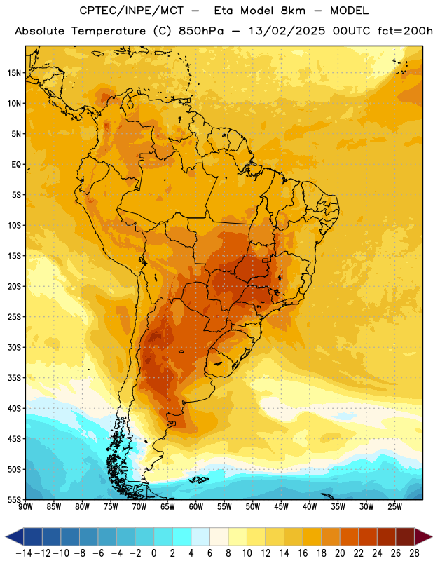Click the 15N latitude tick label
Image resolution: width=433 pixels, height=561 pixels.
(x=14, y=73)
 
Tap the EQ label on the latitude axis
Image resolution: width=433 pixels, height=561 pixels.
(x=16, y=165)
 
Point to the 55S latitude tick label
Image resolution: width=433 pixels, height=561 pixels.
(x=15, y=499)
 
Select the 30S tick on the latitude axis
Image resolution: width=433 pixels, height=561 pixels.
(x=15, y=347)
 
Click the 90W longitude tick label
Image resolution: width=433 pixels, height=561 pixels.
(x=25, y=506)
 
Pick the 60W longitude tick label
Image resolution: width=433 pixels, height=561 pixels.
(x=196, y=506)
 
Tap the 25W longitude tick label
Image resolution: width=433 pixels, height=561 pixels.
(x=394, y=506)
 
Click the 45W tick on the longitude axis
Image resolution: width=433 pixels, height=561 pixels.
(x=281, y=506)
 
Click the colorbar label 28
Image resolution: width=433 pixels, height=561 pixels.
(x=414, y=553)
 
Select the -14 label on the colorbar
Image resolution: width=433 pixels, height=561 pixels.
(x=24, y=553)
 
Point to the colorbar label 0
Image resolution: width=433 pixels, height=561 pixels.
(x=153, y=553)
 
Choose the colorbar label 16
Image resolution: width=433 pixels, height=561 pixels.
(x=303, y=553)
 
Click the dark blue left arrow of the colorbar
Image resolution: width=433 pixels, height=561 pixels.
(x=15, y=536)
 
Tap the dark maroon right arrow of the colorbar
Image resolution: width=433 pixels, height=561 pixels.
(x=423, y=536)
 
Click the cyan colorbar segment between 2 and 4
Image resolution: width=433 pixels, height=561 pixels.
(x=181, y=536)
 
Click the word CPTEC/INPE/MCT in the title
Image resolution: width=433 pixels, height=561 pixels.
(x=131, y=11)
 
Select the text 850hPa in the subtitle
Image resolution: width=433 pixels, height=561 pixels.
(x=200, y=31)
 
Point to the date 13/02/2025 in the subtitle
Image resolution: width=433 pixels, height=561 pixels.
(x=287, y=31)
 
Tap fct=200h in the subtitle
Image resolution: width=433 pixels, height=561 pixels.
(x=405, y=31)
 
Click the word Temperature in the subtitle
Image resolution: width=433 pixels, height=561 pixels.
(x=109, y=32)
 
